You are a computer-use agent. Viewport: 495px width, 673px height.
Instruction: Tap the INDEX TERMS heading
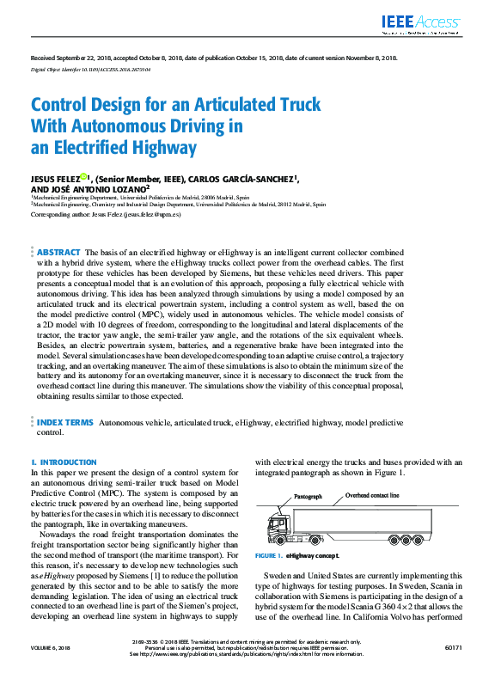click(x=64, y=423)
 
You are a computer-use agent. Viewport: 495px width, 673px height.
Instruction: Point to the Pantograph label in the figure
click(x=308, y=497)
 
